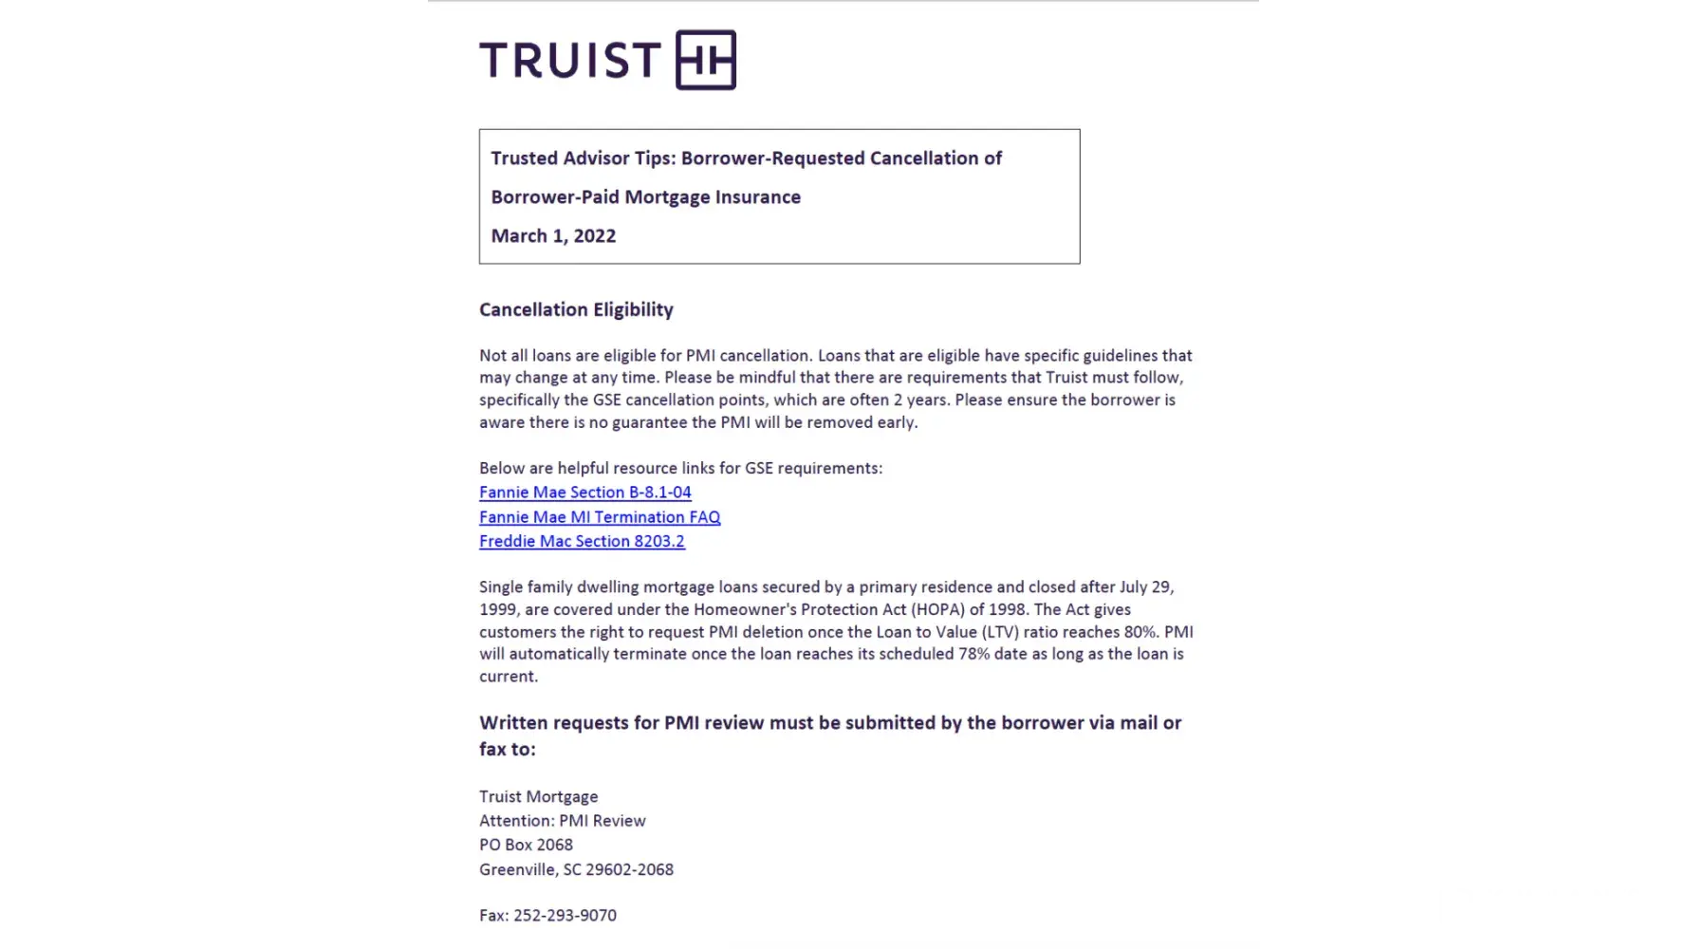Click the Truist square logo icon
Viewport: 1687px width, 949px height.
[705, 60]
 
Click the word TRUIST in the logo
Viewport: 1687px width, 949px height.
[569, 61]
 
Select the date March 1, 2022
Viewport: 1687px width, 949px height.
[553, 236]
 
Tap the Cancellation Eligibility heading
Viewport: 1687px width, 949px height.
[576, 309]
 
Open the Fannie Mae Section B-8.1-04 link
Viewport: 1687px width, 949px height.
[584, 493]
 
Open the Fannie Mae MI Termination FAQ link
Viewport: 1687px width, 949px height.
[600, 517]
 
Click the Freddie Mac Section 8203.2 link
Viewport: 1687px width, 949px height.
[582, 541]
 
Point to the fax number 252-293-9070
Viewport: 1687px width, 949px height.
[565, 916]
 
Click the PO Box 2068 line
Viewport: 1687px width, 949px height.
[526, 845]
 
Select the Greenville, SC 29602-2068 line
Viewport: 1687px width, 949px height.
[576, 869]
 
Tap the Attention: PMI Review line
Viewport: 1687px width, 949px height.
[562, 821]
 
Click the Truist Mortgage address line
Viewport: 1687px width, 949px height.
[538, 797]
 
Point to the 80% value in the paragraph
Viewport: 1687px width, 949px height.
[1140, 632]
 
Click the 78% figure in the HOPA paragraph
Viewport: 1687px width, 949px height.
[973, 654]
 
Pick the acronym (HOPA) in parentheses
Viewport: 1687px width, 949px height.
[937, 609]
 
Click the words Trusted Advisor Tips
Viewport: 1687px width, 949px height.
[583, 158]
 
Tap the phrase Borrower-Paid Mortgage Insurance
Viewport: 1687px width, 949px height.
[645, 197]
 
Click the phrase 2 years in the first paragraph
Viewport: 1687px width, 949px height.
[919, 400]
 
